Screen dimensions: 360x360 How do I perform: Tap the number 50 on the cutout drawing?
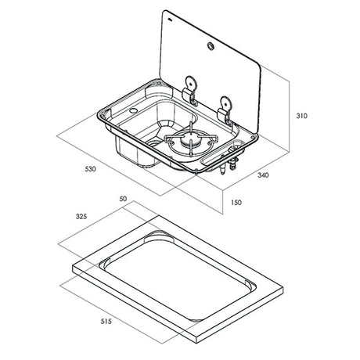pos(122,200)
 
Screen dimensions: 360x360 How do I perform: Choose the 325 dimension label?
pos(81,215)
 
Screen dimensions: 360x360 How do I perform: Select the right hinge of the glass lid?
pos(227,108)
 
